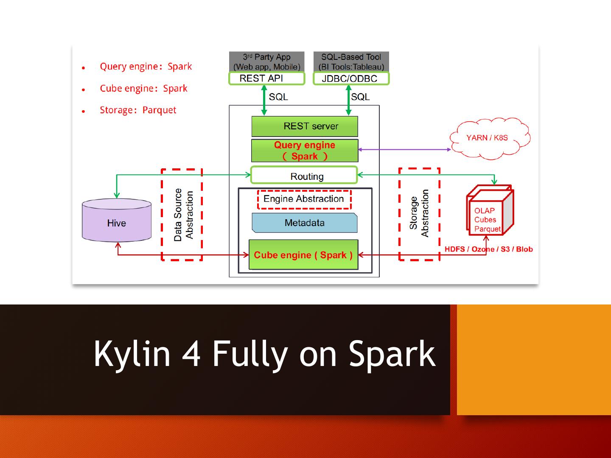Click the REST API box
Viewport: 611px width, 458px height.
pyautogui.click(x=266, y=78)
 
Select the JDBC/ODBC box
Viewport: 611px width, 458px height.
pyautogui.click(x=351, y=78)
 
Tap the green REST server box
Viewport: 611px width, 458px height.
pyautogui.click(x=305, y=126)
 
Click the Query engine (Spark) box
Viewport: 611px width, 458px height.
pyautogui.click(x=305, y=151)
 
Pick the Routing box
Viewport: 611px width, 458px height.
pyautogui.click(x=304, y=176)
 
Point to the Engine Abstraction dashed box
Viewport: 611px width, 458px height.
pyautogui.click(x=304, y=199)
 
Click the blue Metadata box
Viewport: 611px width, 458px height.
pyautogui.click(x=304, y=223)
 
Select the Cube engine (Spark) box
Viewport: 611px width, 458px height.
pyautogui.click(x=303, y=255)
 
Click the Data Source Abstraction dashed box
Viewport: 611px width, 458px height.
pyautogui.click(x=182, y=215)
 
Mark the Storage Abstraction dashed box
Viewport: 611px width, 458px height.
pyautogui.click(x=419, y=214)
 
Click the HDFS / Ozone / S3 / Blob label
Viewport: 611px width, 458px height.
pyautogui.click(x=489, y=249)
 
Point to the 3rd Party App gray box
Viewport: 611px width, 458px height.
pyautogui.click(x=266, y=62)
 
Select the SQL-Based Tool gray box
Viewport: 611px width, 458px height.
pyautogui.click(x=351, y=62)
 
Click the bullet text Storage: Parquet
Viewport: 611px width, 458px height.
pyautogui.click(x=138, y=110)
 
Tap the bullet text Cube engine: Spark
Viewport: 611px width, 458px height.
pyautogui.click(x=143, y=89)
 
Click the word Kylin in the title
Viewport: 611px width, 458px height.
pyautogui.click(x=132, y=354)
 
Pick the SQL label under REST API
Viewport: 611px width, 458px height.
pyautogui.click(x=278, y=97)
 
